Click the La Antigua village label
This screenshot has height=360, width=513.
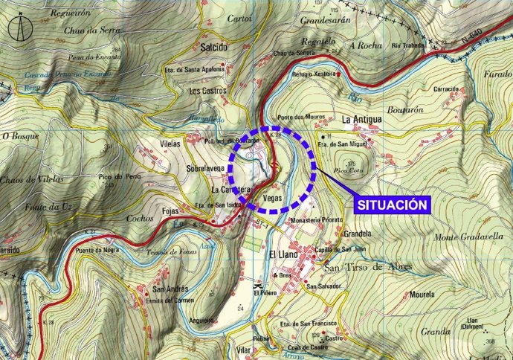361,119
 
